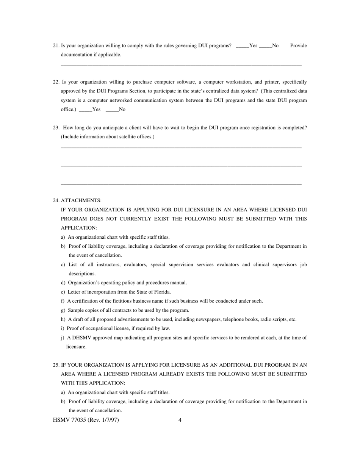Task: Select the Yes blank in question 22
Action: (85, 110)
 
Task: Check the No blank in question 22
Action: (112, 110)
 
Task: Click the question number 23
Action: (56, 128)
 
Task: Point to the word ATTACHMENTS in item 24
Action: (81, 200)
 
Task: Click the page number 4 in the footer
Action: (180, 420)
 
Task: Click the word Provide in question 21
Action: (298, 45)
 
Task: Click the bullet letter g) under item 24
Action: (63, 310)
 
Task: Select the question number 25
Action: (56, 365)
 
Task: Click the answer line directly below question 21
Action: (181, 66)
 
